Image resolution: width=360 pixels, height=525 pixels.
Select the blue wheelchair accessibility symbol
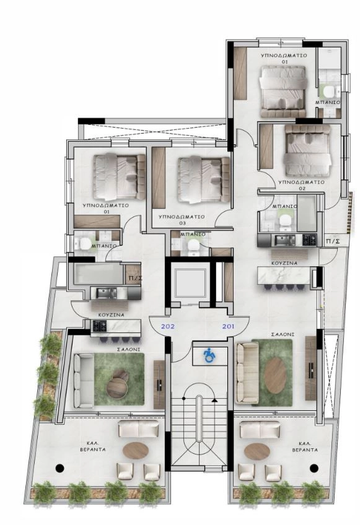point(209,355)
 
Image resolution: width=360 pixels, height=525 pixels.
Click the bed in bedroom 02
point(308,152)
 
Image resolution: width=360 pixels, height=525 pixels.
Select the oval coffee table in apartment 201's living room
point(276,375)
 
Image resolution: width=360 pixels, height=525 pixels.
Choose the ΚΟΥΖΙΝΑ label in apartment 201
point(284,263)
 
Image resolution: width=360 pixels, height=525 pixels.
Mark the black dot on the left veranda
point(60,468)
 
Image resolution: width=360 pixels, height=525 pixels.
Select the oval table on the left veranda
point(136,450)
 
